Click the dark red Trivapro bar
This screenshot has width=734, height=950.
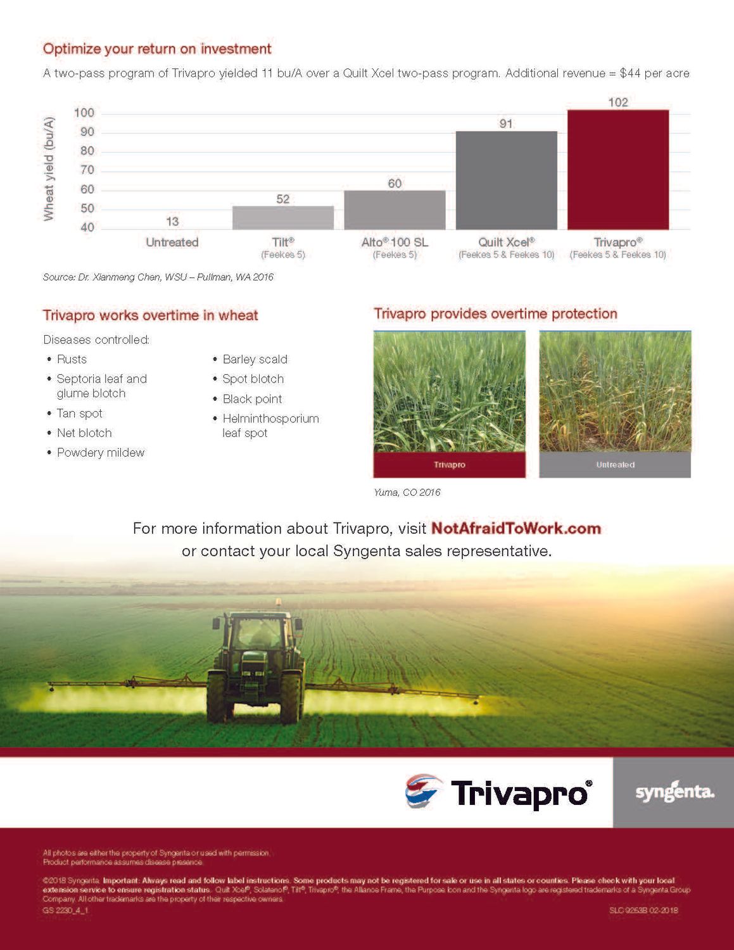[x=617, y=170]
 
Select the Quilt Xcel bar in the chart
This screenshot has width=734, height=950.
[x=506, y=180]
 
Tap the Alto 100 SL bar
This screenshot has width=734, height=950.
[x=395, y=210]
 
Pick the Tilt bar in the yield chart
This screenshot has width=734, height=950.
[x=283, y=218]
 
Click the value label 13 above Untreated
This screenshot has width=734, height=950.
[x=172, y=222]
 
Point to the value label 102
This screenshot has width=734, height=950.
[x=618, y=103]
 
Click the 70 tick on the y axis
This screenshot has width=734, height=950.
[x=87, y=170]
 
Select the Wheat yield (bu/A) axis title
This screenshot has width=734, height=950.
[x=49, y=169]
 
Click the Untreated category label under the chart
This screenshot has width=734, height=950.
[x=172, y=242]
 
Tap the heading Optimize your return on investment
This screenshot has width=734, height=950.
[x=157, y=49]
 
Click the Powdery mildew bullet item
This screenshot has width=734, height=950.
[x=101, y=452]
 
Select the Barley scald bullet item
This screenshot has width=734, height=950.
[x=255, y=359]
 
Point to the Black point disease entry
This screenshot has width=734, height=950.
[x=252, y=399]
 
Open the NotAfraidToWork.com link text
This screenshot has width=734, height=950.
[x=516, y=528]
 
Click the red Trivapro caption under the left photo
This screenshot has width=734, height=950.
[x=450, y=465]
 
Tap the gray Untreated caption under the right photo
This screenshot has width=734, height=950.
[x=615, y=465]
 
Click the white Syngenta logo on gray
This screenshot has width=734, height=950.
[x=674, y=792]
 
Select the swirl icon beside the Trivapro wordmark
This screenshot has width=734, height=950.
[x=423, y=792]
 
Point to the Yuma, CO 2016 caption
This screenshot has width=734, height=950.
[x=407, y=492]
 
